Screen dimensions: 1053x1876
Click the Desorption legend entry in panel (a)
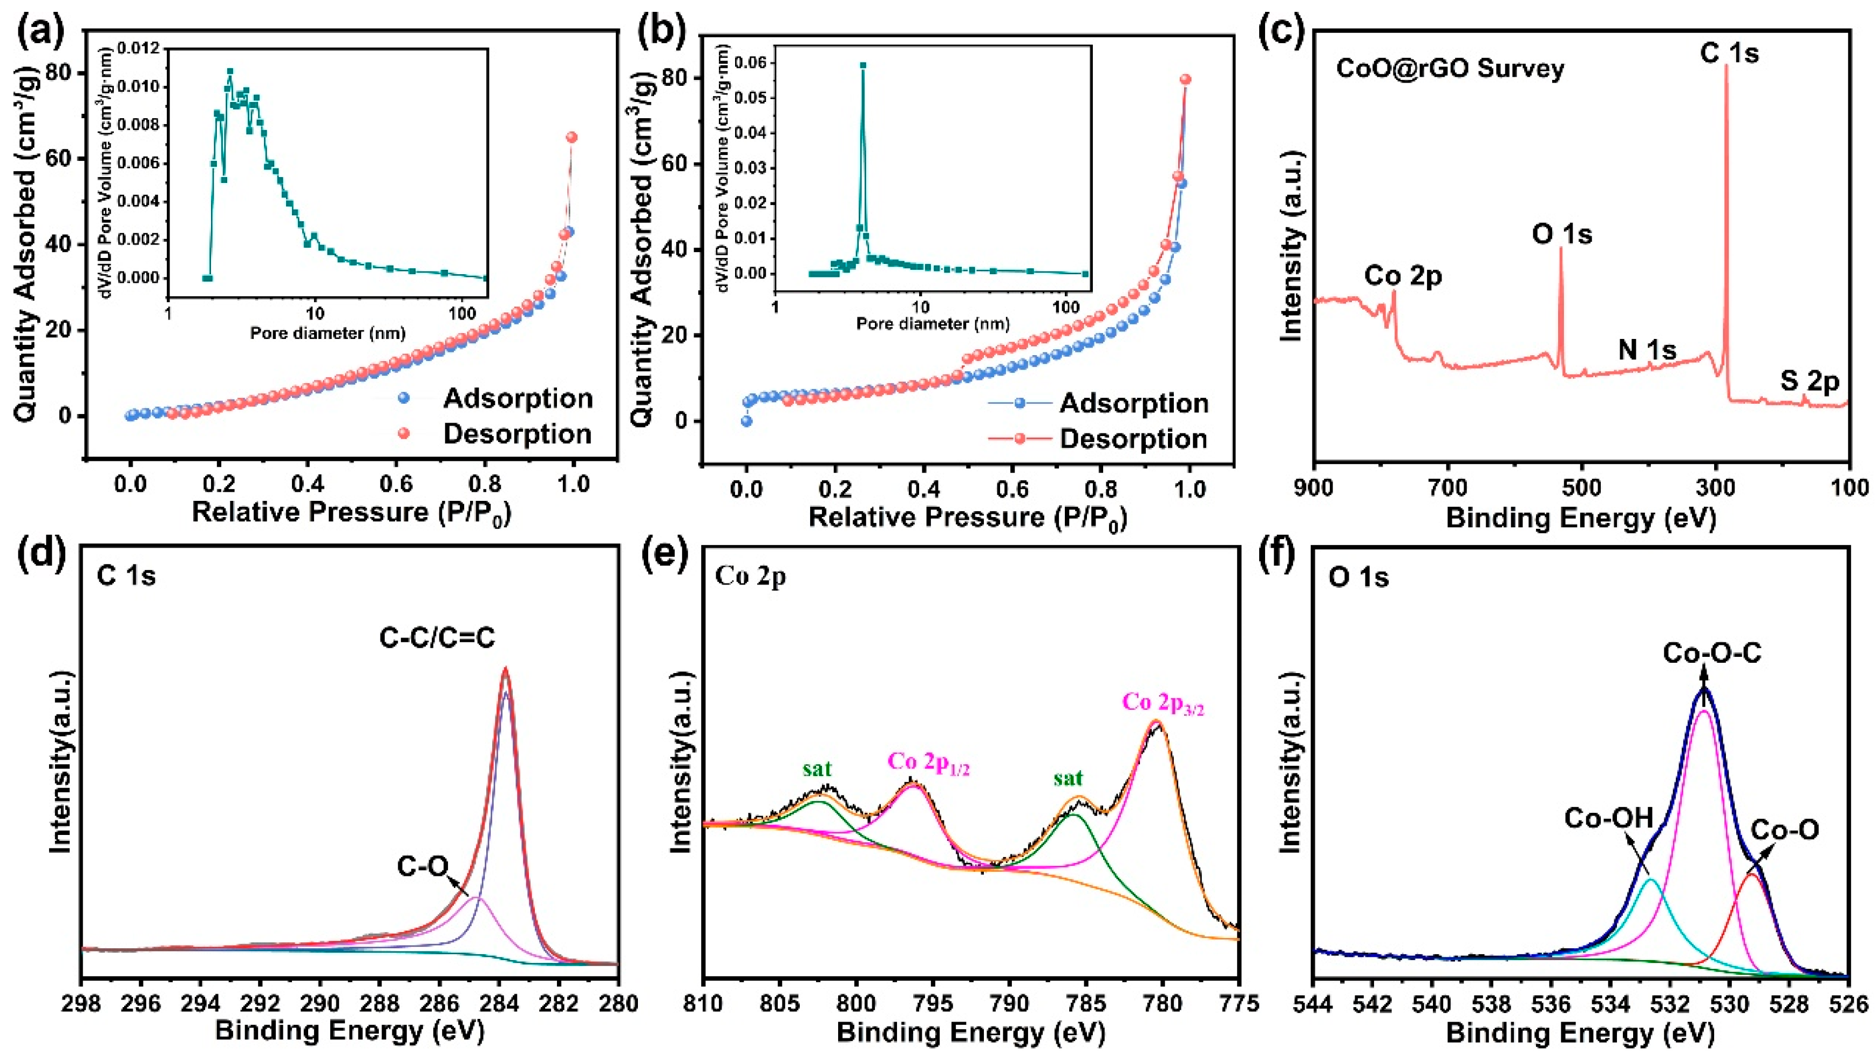(517, 434)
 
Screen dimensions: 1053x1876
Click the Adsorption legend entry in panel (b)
(1133, 403)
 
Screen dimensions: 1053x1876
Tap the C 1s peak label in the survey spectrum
(1729, 53)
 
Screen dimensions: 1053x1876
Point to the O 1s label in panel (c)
(1561, 234)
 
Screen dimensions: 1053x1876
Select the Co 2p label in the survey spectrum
(1403, 277)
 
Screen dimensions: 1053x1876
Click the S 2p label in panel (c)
(1809, 381)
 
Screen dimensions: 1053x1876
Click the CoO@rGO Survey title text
(1450, 69)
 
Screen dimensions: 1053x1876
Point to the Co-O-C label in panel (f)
(1711, 653)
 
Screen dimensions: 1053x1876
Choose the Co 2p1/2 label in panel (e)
(928, 763)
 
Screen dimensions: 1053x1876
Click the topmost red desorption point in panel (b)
(1185, 79)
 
